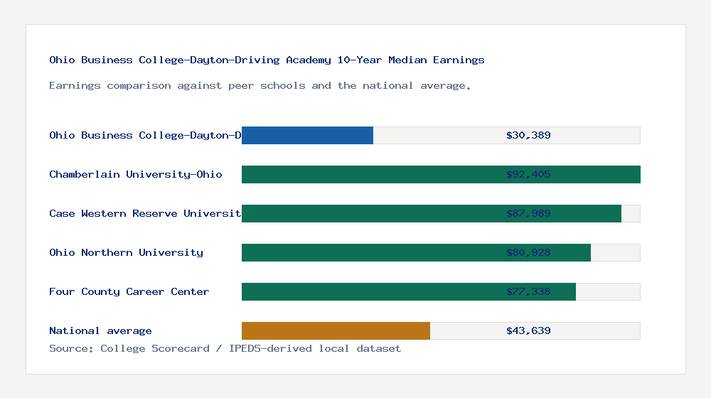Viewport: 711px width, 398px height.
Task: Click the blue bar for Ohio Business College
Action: pos(307,135)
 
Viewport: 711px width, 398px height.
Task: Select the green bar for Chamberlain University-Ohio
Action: pos(370,174)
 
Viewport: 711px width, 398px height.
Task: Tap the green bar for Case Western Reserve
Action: pos(370,213)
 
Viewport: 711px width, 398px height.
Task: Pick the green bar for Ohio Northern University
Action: pos(370,252)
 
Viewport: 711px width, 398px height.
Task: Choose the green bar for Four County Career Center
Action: pos(370,291)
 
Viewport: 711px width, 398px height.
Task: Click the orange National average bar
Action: pos(336,330)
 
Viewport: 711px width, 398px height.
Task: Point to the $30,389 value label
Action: pos(528,135)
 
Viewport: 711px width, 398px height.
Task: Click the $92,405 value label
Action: pos(528,174)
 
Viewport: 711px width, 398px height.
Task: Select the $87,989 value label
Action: pos(528,213)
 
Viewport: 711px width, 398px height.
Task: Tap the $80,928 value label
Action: pos(528,252)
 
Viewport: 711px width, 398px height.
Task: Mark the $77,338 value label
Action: pos(528,291)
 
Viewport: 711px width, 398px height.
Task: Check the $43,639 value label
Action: pos(528,330)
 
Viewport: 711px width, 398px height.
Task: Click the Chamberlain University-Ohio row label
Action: pos(135,174)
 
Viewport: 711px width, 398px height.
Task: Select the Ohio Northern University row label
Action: pos(126,252)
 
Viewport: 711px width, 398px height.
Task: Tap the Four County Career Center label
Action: pos(129,291)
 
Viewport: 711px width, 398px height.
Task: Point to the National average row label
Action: pos(100,330)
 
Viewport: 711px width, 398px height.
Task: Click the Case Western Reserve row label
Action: pos(145,213)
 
